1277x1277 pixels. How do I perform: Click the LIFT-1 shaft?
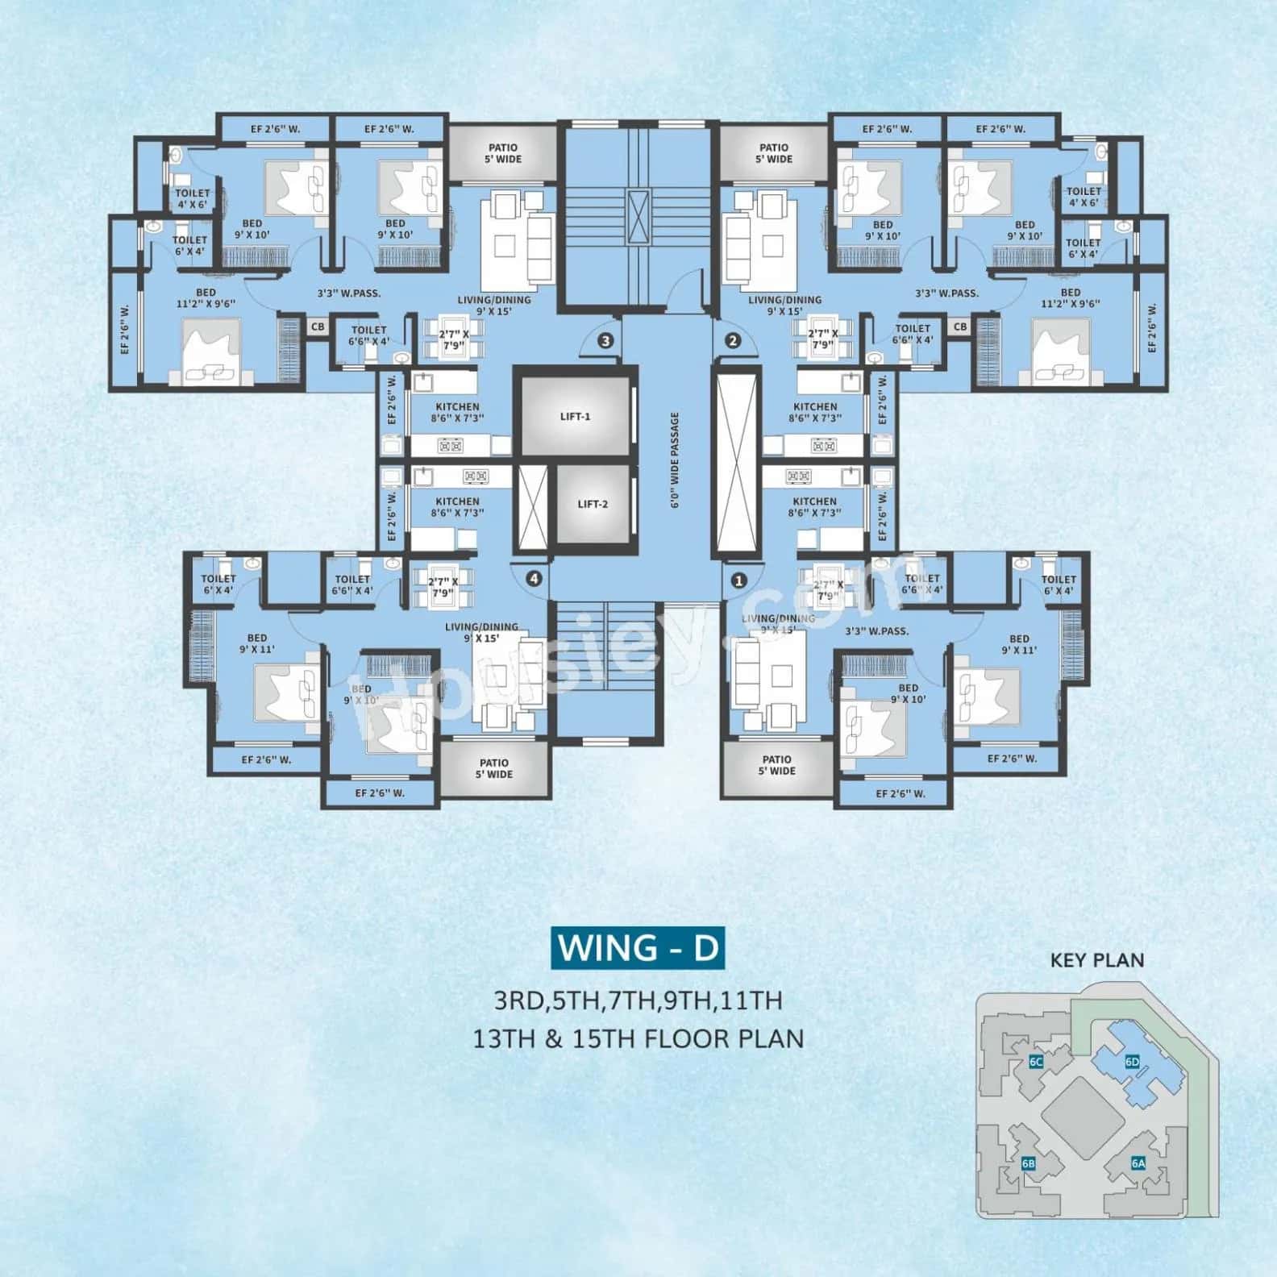(x=575, y=416)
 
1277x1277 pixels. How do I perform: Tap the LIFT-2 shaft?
(x=593, y=504)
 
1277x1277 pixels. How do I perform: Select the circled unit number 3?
(x=605, y=340)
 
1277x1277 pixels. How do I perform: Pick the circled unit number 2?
(x=733, y=340)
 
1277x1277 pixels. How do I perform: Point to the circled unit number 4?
(x=533, y=578)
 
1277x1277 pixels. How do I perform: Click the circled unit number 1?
(x=739, y=579)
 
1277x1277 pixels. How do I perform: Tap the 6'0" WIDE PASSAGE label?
(x=675, y=460)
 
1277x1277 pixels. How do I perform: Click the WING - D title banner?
(x=637, y=947)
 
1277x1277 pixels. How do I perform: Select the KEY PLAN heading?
(x=1096, y=959)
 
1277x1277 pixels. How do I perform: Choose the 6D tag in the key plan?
(x=1132, y=1062)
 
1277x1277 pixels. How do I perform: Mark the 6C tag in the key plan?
(x=1036, y=1062)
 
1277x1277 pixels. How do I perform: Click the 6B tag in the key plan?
(x=1028, y=1163)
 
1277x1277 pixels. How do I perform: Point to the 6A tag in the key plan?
(x=1138, y=1163)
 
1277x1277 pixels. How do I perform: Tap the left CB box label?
(x=318, y=327)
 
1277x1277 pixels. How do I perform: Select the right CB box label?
(x=959, y=327)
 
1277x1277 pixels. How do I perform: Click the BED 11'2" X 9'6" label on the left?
(x=206, y=298)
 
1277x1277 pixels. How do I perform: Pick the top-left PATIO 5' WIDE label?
(x=503, y=153)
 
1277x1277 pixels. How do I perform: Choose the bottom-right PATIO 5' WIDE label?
(x=776, y=764)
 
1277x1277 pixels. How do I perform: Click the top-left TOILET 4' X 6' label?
(x=192, y=198)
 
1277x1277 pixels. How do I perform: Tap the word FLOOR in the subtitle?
(x=688, y=1038)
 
